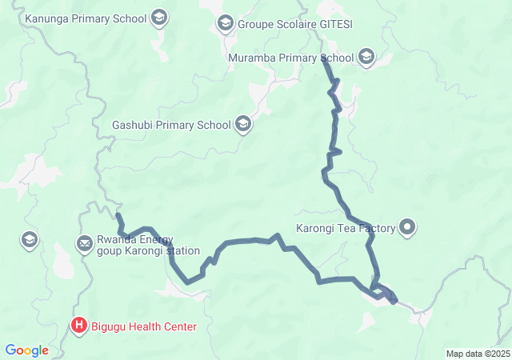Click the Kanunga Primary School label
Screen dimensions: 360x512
pyautogui.click(x=86, y=18)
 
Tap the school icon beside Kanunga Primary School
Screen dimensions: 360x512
pyautogui.click(x=158, y=18)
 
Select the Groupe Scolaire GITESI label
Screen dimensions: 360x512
pyautogui.click(x=295, y=24)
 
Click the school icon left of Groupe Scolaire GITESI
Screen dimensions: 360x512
pyautogui.click(x=225, y=24)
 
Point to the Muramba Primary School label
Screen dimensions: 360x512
pyautogui.click(x=290, y=58)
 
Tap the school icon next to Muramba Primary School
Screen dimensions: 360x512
pyautogui.click(x=366, y=56)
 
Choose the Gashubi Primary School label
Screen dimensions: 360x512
pyautogui.click(x=171, y=125)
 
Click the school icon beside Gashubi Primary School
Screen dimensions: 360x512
pyautogui.click(x=243, y=124)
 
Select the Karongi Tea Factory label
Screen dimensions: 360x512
pyautogui.click(x=346, y=229)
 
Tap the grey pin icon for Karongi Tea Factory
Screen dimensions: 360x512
pyautogui.click(x=408, y=229)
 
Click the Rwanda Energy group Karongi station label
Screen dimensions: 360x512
pyautogui.click(x=148, y=244)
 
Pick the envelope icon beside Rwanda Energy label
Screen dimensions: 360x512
pyautogui.click(x=84, y=243)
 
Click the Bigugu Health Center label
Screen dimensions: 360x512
pyautogui.click(x=145, y=326)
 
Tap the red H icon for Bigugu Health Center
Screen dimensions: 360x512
pyautogui.click(x=79, y=325)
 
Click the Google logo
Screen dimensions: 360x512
pyautogui.click(x=26, y=350)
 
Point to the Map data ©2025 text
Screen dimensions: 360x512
pyautogui.click(x=477, y=354)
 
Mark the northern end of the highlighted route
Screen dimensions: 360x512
pyautogui.click(x=324, y=61)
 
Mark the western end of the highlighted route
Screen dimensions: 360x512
pyautogui.click(x=118, y=214)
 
